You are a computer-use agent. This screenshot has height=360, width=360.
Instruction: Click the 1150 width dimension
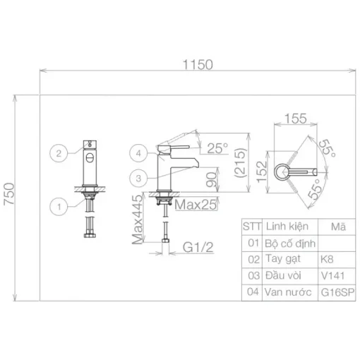click(198, 65)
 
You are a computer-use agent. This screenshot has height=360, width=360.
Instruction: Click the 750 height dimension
click(9, 194)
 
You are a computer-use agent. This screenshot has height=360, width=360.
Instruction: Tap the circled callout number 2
click(59, 153)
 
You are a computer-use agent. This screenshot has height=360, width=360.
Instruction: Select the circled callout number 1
click(59, 207)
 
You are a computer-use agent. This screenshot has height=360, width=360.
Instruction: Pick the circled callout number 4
click(138, 153)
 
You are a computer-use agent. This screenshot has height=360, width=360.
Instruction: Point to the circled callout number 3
click(138, 178)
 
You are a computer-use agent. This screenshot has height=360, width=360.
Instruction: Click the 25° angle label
click(217, 148)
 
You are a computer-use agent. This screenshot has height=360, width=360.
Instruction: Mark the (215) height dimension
click(240, 162)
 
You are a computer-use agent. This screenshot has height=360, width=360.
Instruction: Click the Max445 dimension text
click(137, 220)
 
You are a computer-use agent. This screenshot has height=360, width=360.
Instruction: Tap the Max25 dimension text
click(196, 205)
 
